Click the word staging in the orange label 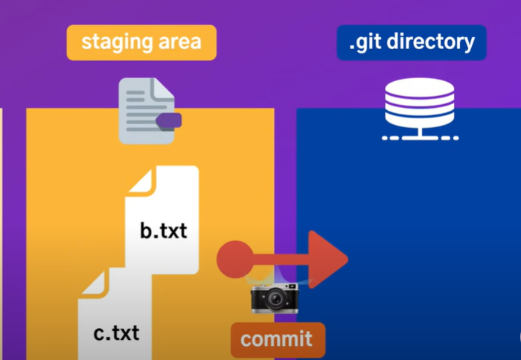click(x=112, y=41)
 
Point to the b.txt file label click(x=163, y=230)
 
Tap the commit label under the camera click(x=277, y=340)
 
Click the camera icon click(x=274, y=298)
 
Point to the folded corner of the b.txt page click(x=141, y=179)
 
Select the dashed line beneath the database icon click(x=419, y=138)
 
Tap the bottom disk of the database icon click(x=419, y=119)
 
